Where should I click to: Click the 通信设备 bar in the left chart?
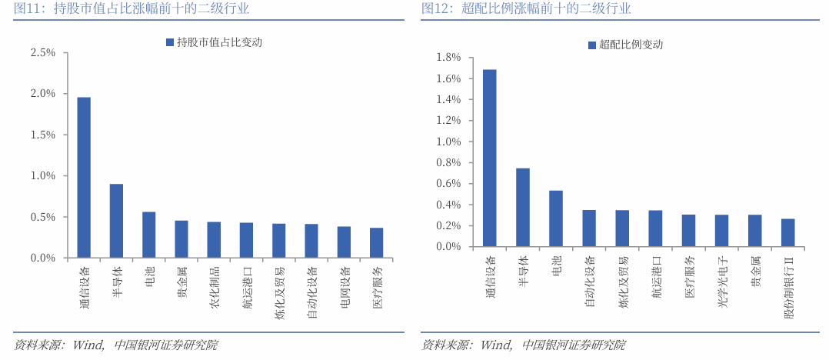84,178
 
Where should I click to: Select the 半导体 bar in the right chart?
523,207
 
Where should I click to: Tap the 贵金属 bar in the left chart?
181,239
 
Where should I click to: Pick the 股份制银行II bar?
787,232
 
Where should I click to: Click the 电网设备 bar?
344,242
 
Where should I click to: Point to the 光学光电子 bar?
721,231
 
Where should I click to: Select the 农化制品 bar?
214,240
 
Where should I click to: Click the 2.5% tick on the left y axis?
43,52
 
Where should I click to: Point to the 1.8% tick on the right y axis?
448,58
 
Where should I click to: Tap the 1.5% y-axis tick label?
43,135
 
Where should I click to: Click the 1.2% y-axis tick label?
448,121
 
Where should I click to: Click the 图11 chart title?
132,9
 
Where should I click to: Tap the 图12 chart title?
526,9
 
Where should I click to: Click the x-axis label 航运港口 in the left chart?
247,287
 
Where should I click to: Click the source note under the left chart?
115,345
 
